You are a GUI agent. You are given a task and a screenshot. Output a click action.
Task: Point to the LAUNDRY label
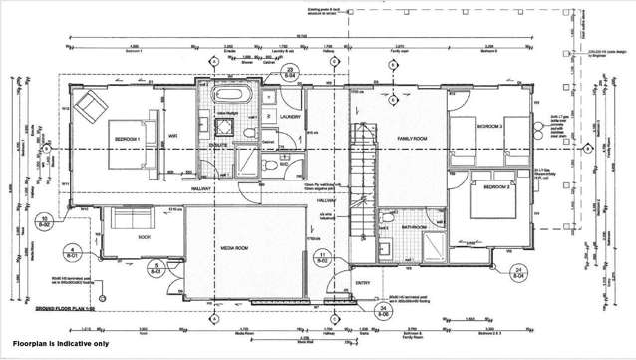click(290, 117)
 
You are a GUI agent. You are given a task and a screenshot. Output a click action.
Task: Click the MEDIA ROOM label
click(242, 244)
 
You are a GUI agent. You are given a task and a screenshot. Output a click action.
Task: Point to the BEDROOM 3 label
click(488, 128)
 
